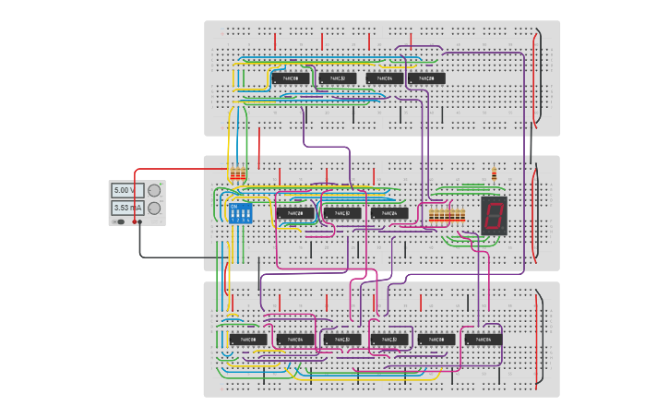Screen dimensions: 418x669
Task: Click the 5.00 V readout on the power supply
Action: tap(123, 190)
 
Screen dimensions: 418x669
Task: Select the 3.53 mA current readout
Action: tap(123, 209)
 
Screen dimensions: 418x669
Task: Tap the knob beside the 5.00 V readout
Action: tap(153, 190)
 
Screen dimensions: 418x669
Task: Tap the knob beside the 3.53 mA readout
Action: tap(153, 209)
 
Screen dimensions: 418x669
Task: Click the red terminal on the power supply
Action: tap(135, 221)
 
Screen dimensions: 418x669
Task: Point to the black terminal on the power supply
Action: tap(140, 221)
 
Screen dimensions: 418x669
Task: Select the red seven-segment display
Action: tap(494, 214)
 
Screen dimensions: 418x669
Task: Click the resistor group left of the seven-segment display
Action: tap(447, 215)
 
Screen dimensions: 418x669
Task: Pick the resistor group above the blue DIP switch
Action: tap(238, 173)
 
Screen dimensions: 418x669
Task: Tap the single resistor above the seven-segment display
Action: tap(496, 173)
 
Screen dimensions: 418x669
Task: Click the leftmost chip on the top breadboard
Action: tap(290, 78)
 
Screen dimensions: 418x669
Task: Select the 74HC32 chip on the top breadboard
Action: tap(337, 78)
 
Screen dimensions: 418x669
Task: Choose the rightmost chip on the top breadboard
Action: tap(426, 78)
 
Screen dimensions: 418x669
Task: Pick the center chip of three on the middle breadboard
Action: tap(342, 213)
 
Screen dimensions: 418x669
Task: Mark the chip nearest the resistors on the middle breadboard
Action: tap(389, 213)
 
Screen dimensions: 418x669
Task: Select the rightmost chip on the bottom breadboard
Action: tap(484, 340)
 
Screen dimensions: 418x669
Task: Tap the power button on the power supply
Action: tap(119, 221)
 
